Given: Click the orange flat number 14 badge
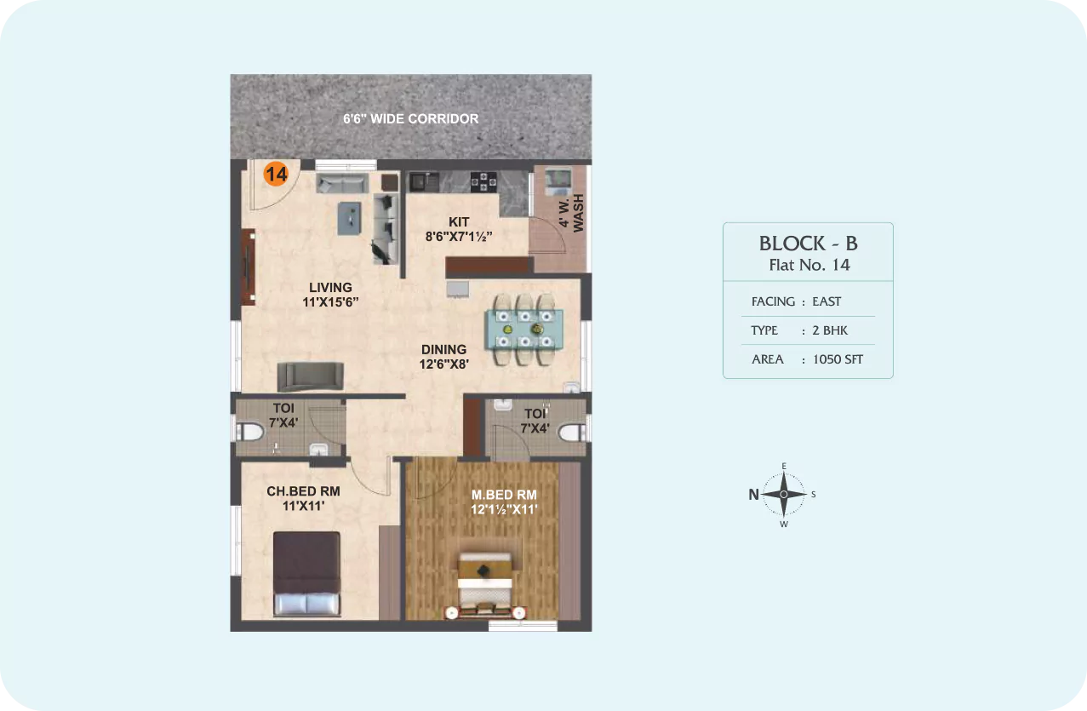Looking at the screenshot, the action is [276, 174].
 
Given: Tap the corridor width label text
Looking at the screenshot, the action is [410, 119].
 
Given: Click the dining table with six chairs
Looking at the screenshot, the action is [524, 329].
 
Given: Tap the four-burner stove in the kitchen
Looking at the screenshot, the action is [483, 182].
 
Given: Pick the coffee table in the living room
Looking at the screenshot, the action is [349, 218].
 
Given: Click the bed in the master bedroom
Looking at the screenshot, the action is [485, 586].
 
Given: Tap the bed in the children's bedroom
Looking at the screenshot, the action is [306, 574].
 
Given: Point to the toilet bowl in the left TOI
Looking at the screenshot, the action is [249, 431].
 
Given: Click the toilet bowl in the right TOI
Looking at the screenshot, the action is [573, 433].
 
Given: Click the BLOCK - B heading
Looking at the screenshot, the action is [809, 244].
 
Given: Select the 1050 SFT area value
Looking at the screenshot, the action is [838, 359].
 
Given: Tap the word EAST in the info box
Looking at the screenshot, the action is [827, 302].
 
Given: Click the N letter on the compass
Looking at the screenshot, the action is [753, 495].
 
